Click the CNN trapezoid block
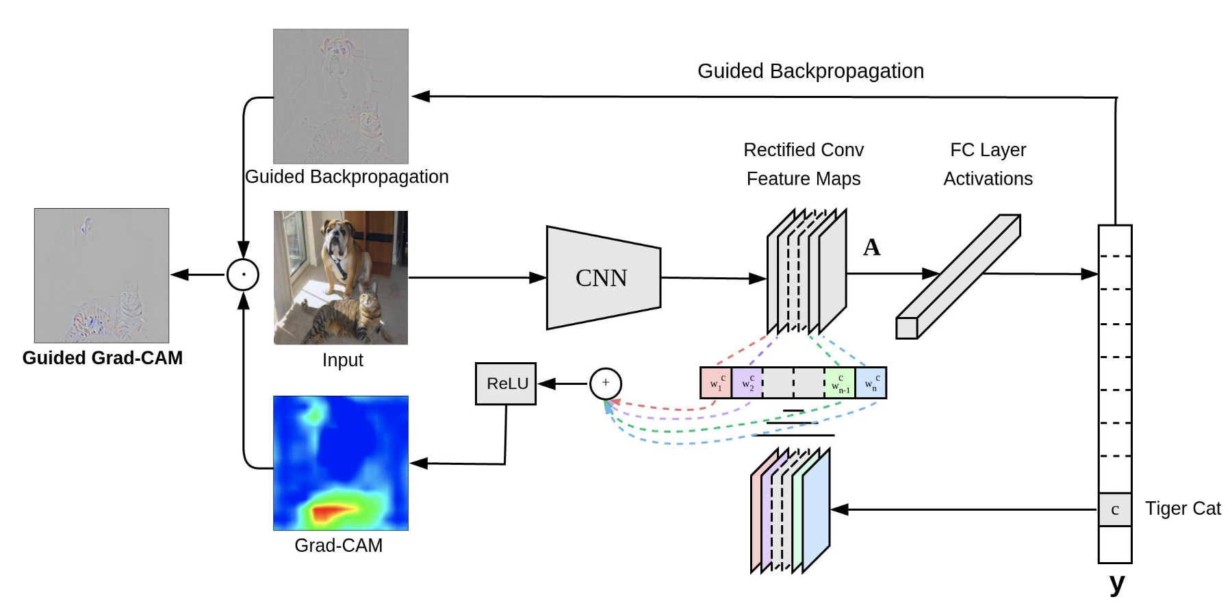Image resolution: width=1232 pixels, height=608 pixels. (x=602, y=278)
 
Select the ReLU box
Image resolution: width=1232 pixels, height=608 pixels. (x=506, y=383)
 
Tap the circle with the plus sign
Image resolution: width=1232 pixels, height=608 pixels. (x=605, y=383)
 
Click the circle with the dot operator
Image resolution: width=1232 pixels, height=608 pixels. (x=243, y=275)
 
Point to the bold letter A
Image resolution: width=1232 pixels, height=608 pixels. (x=871, y=247)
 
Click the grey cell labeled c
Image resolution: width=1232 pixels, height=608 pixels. (x=1114, y=509)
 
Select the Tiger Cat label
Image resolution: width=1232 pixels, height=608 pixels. (x=1182, y=509)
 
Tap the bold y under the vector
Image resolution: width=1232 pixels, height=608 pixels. (x=1116, y=583)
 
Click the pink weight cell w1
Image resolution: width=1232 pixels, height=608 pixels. (x=716, y=383)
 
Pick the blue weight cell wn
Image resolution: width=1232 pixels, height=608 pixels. (x=871, y=383)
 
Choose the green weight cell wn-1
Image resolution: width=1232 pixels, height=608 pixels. (x=840, y=383)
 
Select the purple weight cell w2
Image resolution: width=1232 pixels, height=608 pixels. (x=747, y=383)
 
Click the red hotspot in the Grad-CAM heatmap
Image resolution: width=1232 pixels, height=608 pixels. (x=332, y=511)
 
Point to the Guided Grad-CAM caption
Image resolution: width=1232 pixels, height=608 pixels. (x=103, y=358)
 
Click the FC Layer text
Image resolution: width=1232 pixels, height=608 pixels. (x=988, y=150)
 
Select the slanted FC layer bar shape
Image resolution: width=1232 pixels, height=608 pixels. (x=958, y=277)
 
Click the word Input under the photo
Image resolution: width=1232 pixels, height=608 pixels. (x=342, y=360)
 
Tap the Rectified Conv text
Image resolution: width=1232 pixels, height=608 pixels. (x=804, y=150)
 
